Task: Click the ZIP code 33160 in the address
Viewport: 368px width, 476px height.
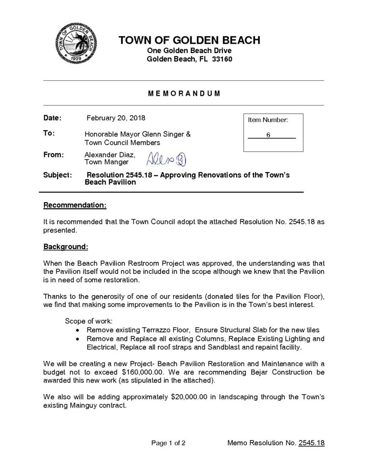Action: (x=222, y=59)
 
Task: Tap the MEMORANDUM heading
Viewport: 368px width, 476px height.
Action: (x=184, y=93)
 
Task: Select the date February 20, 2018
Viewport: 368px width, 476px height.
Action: (x=116, y=118)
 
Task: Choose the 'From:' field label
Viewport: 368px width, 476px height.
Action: (x=54, y=154)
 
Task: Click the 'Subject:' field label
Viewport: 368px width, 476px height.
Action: (x=57, y=175)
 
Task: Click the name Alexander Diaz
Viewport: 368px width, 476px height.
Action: (x=110, y=154)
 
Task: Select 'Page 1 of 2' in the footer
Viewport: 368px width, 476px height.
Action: (x=168, y=443)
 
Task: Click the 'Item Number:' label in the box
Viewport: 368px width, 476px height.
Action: (x=268, y=120)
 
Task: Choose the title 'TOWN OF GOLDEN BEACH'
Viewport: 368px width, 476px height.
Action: (x=189, y=40)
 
